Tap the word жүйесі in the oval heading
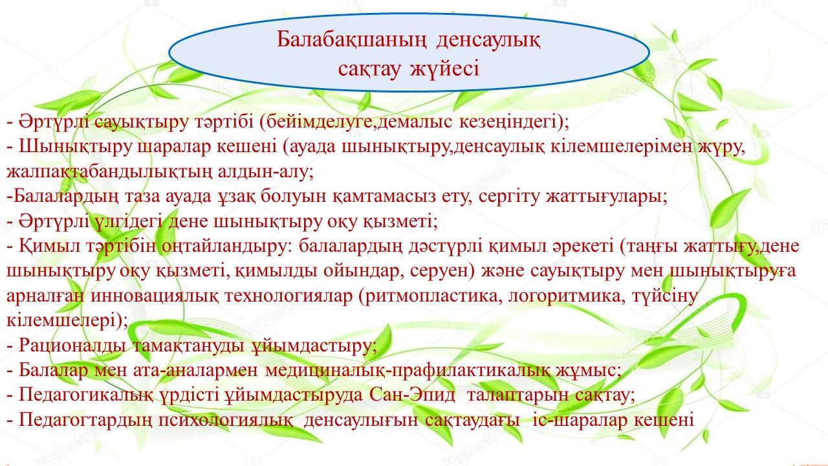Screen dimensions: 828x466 pos(445,69)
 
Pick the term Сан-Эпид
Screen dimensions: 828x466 pos(412,395)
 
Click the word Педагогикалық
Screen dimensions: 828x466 pos(85,395)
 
